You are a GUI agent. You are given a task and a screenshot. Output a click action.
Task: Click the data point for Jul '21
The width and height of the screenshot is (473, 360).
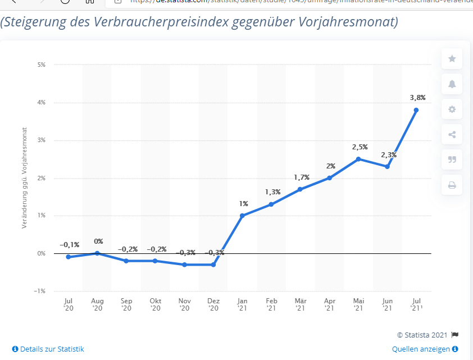coord(416,110)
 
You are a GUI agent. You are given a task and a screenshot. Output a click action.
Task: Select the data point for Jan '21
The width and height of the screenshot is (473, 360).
coord(242,216)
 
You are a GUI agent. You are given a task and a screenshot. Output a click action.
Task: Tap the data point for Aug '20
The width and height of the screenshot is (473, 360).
coord(97,253)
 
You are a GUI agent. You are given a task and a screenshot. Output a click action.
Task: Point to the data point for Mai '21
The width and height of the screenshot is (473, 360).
coord(358,159)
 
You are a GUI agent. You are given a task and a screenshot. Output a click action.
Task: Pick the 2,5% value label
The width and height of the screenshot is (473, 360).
coord(360,147)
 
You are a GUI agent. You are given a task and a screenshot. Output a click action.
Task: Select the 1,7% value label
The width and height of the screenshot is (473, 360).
coord(302,177)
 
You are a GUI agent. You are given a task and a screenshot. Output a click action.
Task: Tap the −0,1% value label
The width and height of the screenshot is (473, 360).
coord(69,245)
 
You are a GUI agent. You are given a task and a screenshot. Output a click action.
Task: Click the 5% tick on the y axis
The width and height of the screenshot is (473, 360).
coord(42,65)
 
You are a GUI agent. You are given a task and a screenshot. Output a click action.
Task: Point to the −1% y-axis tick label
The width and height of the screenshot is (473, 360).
coord(40,291)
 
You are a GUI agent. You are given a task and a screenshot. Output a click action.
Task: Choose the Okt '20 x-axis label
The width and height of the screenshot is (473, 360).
coord(155,304)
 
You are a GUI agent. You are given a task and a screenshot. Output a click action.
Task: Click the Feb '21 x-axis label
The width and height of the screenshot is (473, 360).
coord(271,304)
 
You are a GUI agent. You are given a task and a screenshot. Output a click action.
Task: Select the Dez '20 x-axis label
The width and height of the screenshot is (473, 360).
coord(213,304)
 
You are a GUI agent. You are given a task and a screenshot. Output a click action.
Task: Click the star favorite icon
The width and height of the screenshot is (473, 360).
coord(452,59)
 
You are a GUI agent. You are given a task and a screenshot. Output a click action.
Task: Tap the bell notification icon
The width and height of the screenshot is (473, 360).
coord(452,84)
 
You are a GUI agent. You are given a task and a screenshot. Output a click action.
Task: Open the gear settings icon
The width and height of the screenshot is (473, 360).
coord(452,110)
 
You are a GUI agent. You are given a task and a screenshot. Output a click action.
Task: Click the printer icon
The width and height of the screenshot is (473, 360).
coord(452,185)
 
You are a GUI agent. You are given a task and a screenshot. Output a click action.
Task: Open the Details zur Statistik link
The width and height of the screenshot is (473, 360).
coord(48,349)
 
